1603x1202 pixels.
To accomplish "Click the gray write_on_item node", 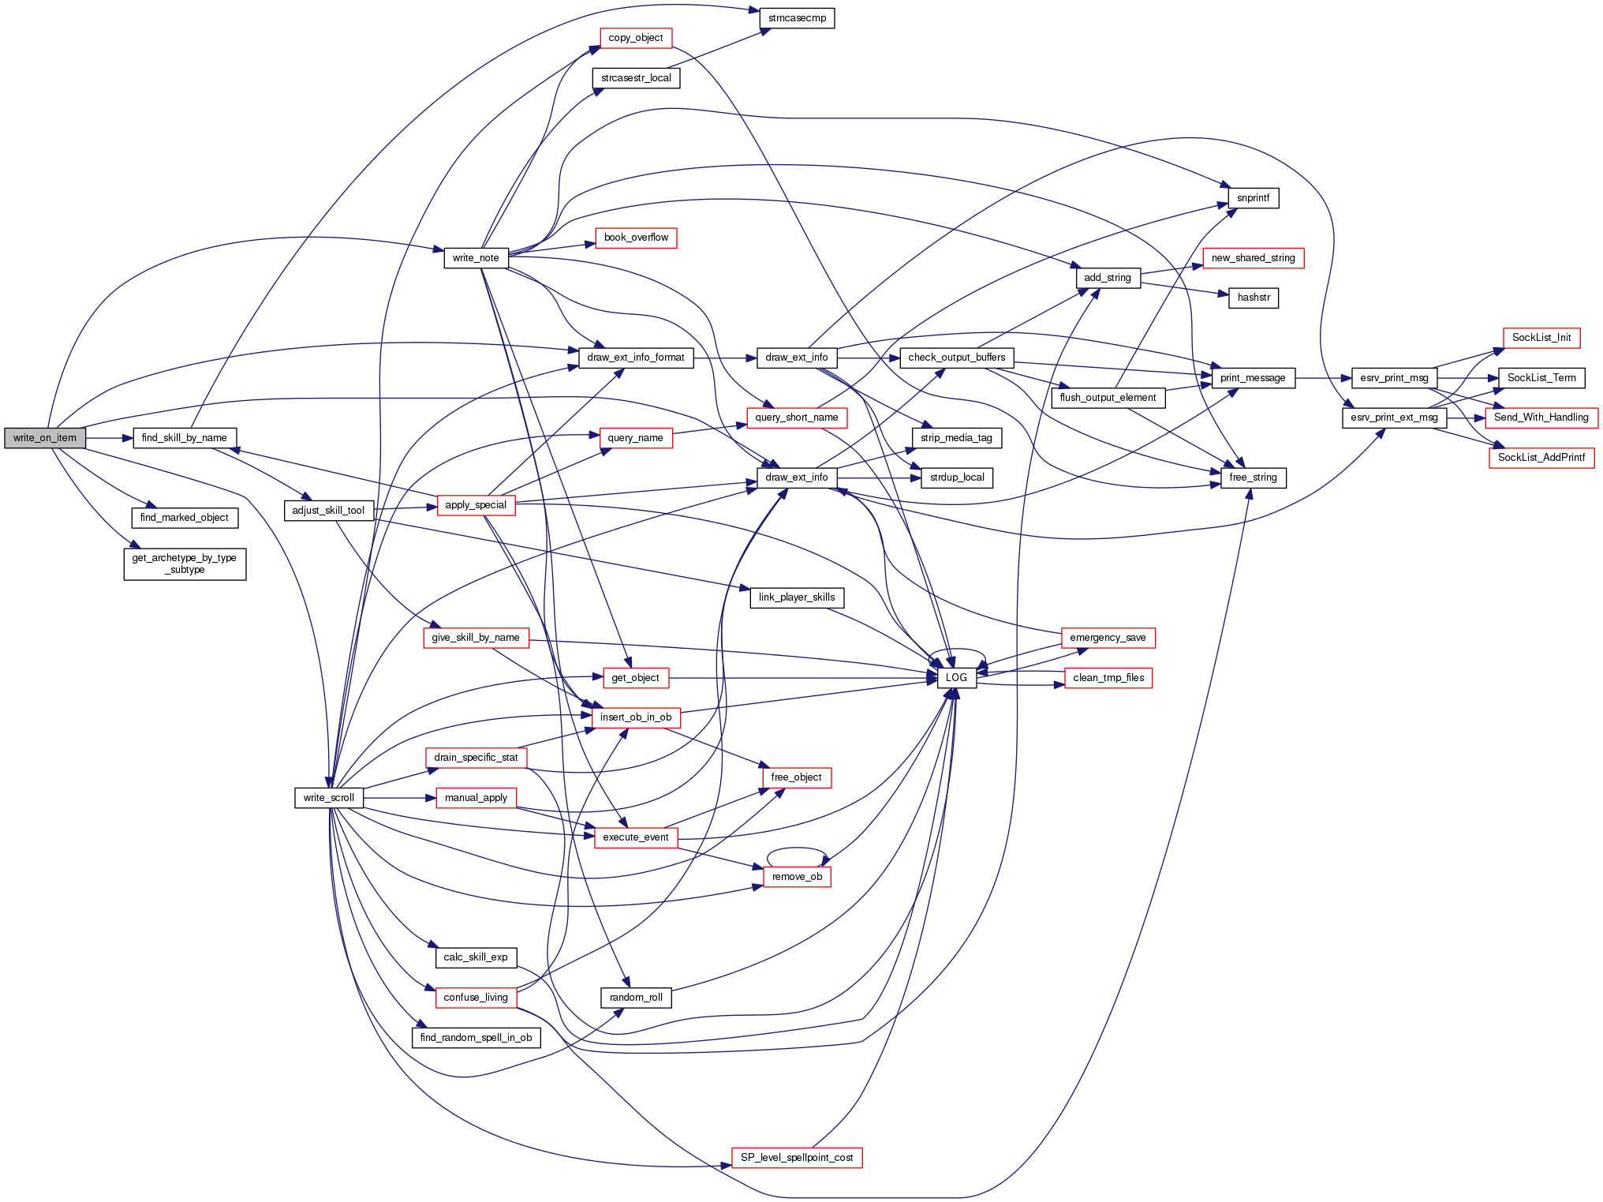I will pos(45,438).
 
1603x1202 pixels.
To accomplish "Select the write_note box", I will pos(476,258).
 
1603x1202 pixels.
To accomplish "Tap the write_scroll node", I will pos(329,798).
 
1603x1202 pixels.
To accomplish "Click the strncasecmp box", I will pos(797,18).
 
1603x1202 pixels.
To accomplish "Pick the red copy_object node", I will pos(635,38).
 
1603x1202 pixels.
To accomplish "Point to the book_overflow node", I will pos(636,238).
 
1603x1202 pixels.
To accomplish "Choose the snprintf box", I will pos(1253,198).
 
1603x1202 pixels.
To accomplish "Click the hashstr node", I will pos(1254,298).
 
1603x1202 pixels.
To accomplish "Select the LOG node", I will pos(956,678).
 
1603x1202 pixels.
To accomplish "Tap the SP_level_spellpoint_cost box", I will pos(797,1158).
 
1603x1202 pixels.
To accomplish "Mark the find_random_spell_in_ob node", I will pos(476,1038).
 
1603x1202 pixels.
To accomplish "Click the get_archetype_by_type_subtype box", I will pos(185,564).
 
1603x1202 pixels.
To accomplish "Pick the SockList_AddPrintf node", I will pos(1541,458).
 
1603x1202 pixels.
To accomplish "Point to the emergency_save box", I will pos(1108,638).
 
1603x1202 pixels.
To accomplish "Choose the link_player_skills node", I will pos(797,597).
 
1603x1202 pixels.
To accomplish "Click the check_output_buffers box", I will pos(956,358).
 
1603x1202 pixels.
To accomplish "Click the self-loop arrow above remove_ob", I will pos(797,849).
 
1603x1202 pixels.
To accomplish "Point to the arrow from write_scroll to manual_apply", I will pos(399,798).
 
